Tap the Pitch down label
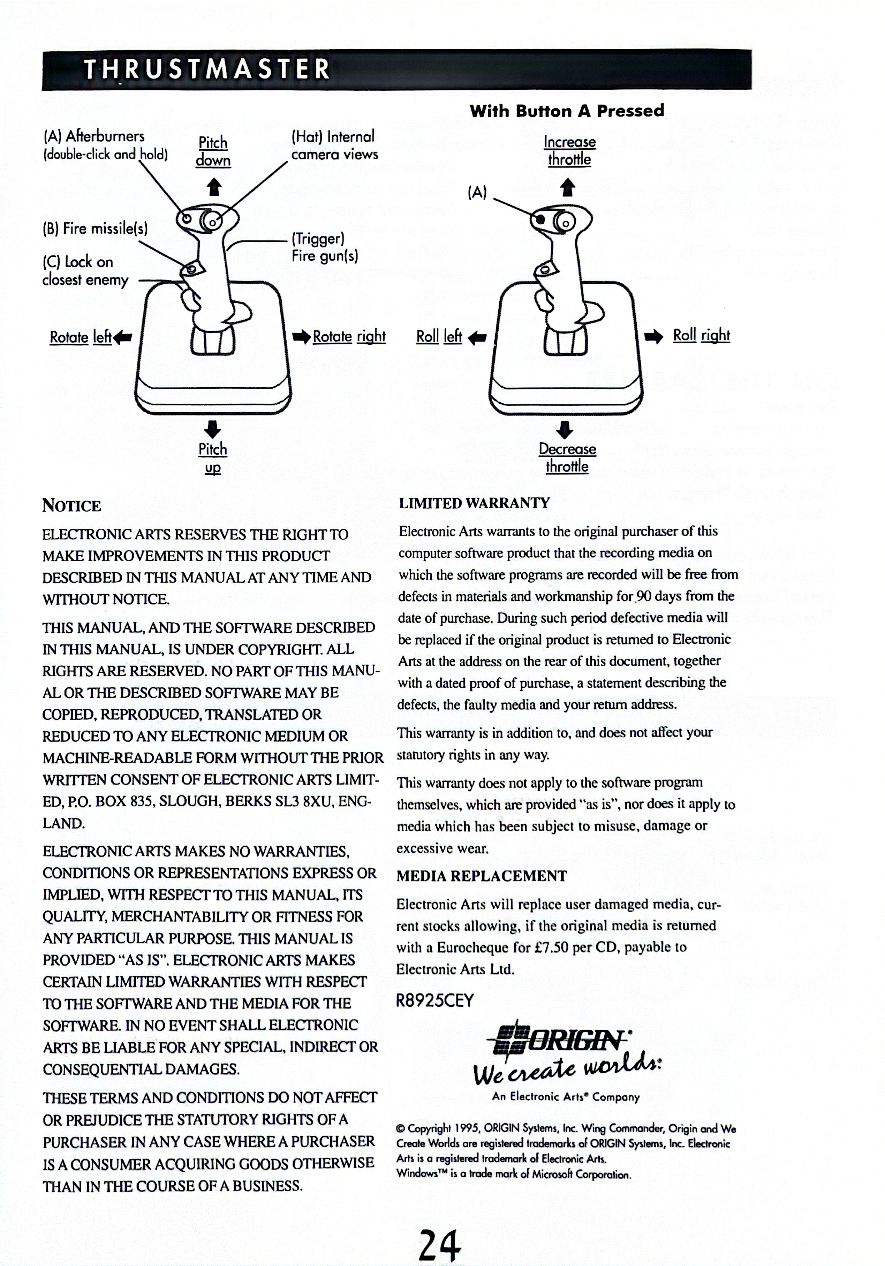tap(213, 151)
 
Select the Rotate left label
tap(80, 337)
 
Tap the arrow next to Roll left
tap(477, 337)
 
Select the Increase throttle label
tap(570, 150)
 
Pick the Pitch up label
tap(213, 458)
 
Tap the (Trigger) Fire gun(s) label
tap(325, 247)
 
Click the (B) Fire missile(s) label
tap(95, 228)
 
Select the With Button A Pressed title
tap(567, 111)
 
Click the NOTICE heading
tap(72, 505)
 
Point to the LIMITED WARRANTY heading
tap(474, 503)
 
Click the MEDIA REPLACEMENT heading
tap(481, 876)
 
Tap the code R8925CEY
tap(435, 1001)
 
